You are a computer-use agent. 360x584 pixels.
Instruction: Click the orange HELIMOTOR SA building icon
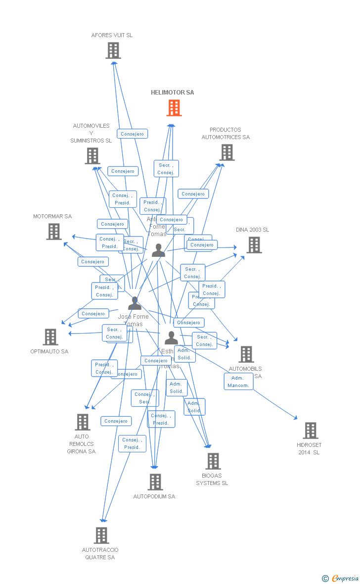tap(174, 108)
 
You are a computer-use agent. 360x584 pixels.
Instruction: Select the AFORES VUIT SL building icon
tap(113, 50)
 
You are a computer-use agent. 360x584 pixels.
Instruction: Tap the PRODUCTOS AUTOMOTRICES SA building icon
tap(227, 152)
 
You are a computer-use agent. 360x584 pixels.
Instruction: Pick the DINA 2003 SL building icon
tap(254, 244)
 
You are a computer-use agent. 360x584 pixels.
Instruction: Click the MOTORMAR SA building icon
tap(54, 231)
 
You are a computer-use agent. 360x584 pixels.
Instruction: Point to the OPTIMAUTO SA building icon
tap(50, 337)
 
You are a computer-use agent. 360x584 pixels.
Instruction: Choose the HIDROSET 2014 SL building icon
tap(310, 430)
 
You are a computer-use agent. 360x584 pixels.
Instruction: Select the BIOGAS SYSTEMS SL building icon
tap(213, 461)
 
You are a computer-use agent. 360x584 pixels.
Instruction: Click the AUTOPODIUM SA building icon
tap(155, 482)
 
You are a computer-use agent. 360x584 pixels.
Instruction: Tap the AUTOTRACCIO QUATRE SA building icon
tap(101, 535)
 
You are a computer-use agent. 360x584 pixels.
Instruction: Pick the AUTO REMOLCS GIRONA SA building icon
tap(82, 422)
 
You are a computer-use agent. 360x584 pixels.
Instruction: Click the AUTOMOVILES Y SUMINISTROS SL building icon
tap(92, 155)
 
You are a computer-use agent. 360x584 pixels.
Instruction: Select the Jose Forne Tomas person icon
tap(135, 303)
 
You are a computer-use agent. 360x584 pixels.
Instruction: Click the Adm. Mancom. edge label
tap(238, 382)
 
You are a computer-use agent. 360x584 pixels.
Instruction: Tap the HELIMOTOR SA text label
tap(173, 93)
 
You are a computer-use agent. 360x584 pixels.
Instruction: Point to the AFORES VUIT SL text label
tap(112, 35)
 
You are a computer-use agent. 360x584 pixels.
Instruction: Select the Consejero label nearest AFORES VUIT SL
tap(133, 134)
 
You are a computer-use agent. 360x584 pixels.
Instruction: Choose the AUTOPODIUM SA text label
tap(154, 496)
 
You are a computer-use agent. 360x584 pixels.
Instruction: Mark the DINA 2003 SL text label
tap(252, 230)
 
